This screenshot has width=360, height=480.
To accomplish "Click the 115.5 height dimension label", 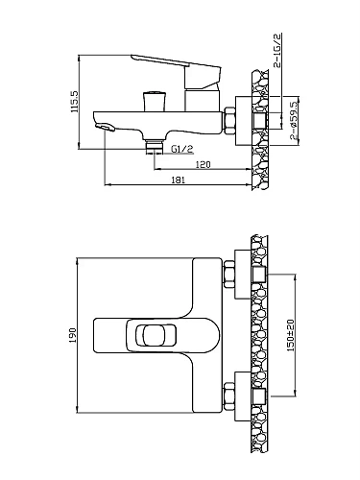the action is point(74,102).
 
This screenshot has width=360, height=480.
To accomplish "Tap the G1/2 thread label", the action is point(182,149).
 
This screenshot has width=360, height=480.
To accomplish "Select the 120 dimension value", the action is point(203,164).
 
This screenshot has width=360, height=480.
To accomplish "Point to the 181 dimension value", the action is point(179,180).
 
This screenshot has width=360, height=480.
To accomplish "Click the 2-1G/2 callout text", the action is point(277,50).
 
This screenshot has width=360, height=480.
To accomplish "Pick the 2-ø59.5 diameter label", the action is point(294,121).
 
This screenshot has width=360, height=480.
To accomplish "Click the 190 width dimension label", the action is point(72,335).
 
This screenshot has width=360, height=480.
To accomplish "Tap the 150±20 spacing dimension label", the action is point(291,335).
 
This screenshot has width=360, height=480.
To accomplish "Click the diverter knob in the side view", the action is point(155,101).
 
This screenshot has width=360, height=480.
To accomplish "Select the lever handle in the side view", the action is point(176,72).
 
